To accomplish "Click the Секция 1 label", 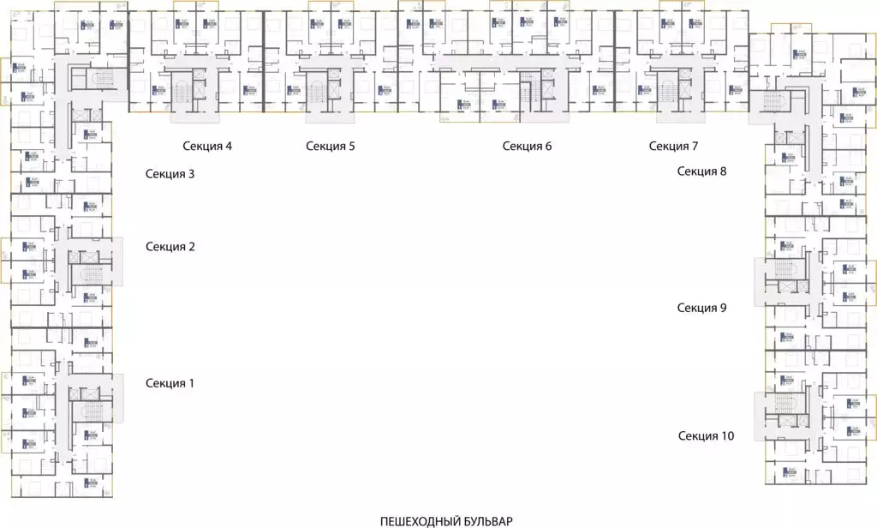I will pyautogui.click(x=170, y=383).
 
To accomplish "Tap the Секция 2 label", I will pyautogui.click(x=170, y=247).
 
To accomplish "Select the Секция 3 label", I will pyautogui.click(x=170, y=174).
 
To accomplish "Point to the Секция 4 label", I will pyautogui.click(x=207, y=146).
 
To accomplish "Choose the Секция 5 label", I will pyautogui.click(x=331, y=146).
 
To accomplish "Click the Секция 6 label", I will pyautogui.click(x=528, y=146).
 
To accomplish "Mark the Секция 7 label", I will pyautogui.click(x=674, y=146).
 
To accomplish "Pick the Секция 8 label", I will pyautogui.click(x=702, y=171).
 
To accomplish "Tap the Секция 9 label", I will pyautogui.click(x=702, y=308).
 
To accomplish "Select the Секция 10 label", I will pyautogui.click(x=707, y=436).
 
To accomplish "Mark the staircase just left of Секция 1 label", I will pyautogui.click(x=90, y=412).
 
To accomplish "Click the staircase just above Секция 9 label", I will pyautogui.click(x=785, y=270).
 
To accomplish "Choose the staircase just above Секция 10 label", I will pyautogui.click(x=785, y=402).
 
